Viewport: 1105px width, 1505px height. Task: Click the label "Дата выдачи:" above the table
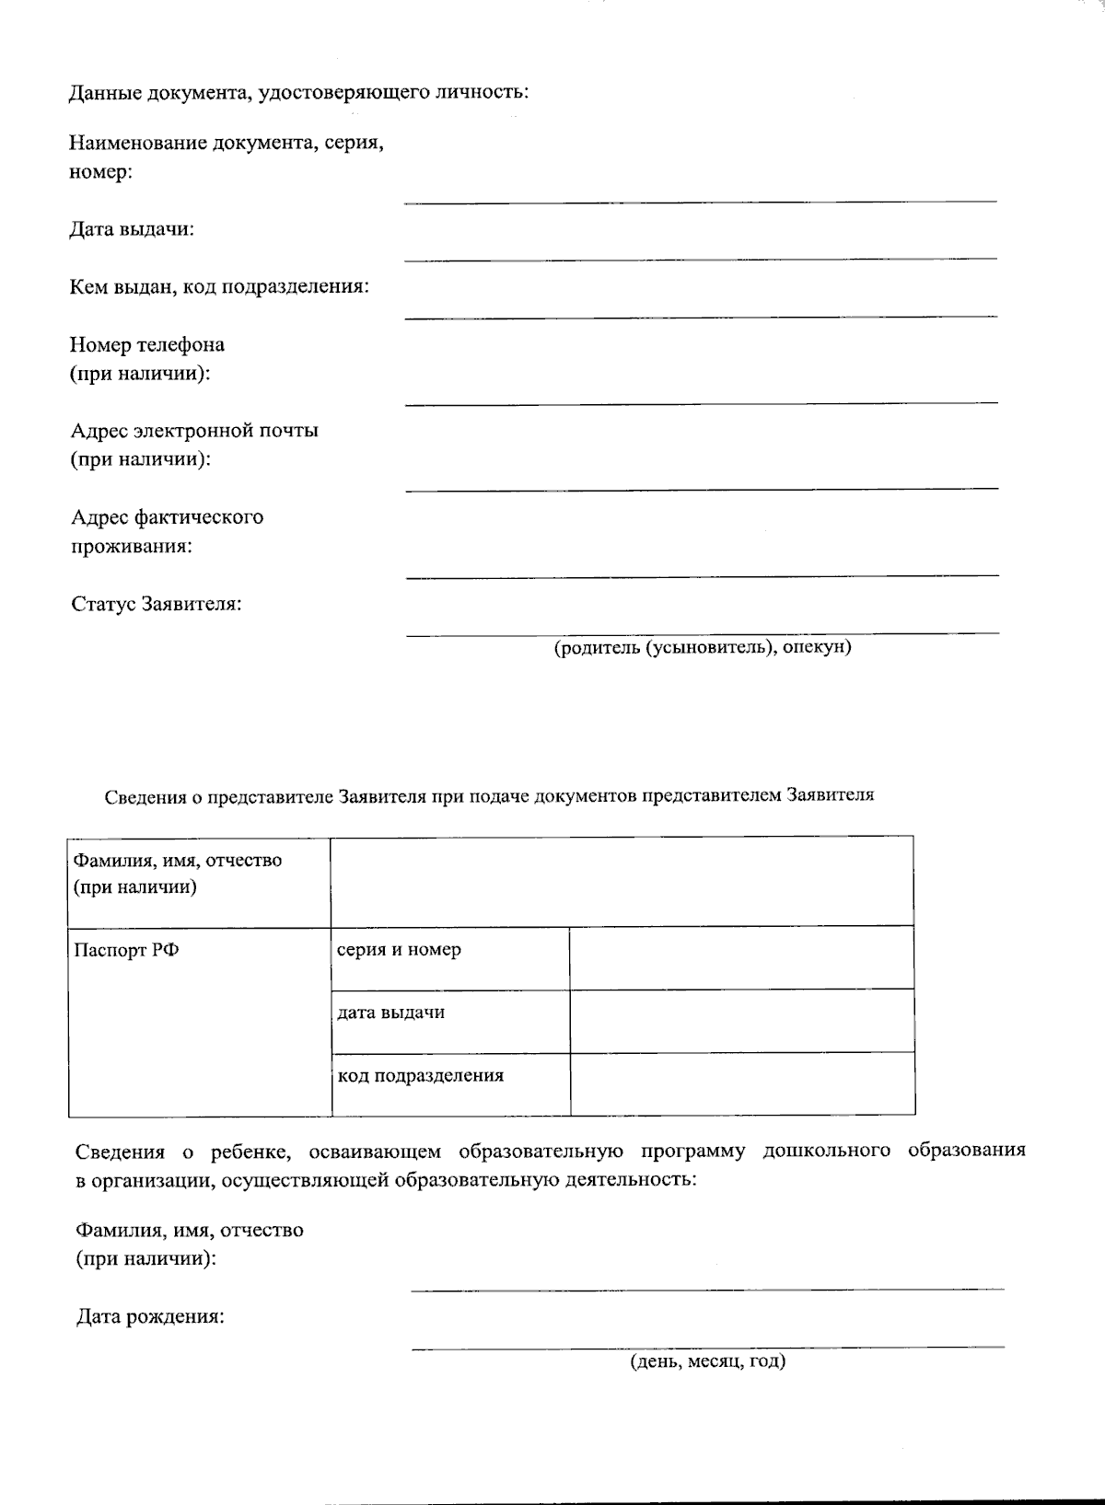(132, 229)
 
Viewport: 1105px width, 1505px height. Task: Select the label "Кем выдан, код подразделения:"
(219, 287)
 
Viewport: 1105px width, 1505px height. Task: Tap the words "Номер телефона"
(147, 345)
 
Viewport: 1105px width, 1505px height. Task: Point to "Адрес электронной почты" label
(195, 431)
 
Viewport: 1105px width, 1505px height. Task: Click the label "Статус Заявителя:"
(157, 605)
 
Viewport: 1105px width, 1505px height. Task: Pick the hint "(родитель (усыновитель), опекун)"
(702, 647)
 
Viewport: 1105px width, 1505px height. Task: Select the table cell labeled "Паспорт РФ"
(126, 951)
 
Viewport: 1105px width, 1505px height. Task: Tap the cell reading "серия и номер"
(399, 950)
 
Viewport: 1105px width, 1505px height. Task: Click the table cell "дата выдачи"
(390, 1013)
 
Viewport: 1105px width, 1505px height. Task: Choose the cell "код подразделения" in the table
(420, 1075)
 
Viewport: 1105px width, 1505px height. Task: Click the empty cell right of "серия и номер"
(741, 958)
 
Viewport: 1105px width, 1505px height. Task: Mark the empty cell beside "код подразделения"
(741, 1084)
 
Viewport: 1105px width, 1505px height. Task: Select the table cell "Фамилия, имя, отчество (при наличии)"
(178, 874)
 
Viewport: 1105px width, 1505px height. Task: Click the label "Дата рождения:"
(150, 1317)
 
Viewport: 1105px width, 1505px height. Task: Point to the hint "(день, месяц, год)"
(707, 1361)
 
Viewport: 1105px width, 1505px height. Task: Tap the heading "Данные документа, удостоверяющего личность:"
(298, 93)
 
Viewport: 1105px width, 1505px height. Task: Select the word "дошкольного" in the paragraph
(826, 1151)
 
